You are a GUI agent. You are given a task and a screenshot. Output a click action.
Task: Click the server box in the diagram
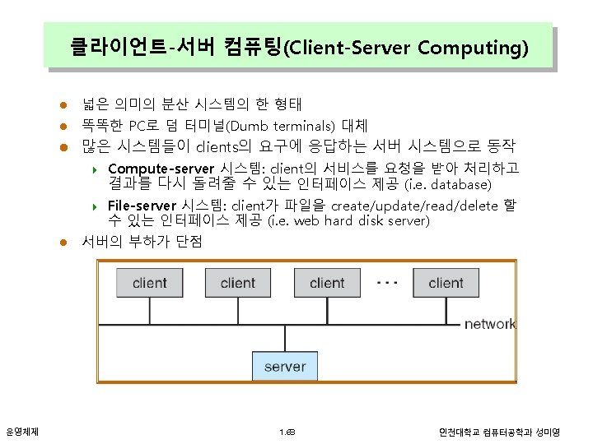pyautogui.click(x=285, y=366)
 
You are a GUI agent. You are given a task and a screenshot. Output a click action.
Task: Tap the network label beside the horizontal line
pyautogui.click(x=490, y=324)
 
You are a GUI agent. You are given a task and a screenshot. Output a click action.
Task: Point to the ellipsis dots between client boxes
pyautogui.click(x=386, y=281)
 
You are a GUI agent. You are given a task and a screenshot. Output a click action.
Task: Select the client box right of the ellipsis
pyautogui.click(x=446, y=283)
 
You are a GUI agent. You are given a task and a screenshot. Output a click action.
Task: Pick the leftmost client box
pyautogui.click(x=149, y=283)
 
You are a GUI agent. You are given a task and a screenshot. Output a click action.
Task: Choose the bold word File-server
pyautogui.click(x=142, y=206)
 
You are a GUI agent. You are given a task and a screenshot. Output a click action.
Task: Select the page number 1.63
pyautogui.click(x=287, y=432)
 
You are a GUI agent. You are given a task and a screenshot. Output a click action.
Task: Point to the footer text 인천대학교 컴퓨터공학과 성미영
pyautogui.click(x=499, y=432)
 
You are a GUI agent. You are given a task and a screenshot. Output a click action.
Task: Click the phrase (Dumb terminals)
pyautogui.click(x=279, y=126)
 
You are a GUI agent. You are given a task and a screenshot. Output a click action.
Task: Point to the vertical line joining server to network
pyautogui.click(x=285, y=340)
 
